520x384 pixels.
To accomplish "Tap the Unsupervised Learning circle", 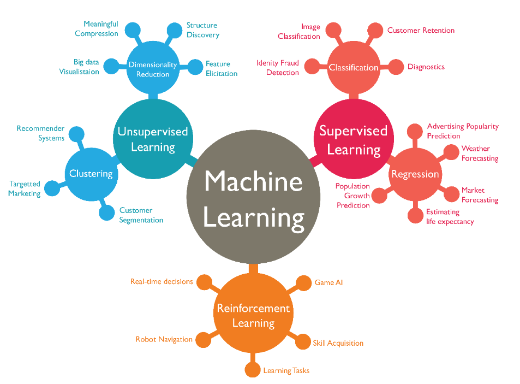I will coord(153,139).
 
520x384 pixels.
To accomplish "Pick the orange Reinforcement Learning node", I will coord(253,315).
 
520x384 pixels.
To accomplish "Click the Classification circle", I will coord(354,68).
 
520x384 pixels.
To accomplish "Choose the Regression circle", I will coord(415,174).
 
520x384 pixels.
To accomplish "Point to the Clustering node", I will coord(91,174).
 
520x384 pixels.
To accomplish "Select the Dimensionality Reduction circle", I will coord(153,69).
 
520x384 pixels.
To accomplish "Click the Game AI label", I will coord(328,282).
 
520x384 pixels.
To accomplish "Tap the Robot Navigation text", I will coord(164,339).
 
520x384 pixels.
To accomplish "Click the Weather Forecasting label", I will coord(480,153).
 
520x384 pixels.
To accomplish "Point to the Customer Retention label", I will coord(421,31).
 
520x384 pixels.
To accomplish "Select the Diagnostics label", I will coord(426,67).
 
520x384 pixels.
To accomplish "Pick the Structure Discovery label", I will coord(202,30).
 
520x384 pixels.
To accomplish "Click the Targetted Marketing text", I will coord(25,188).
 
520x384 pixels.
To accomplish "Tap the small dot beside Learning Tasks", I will coord(252,370).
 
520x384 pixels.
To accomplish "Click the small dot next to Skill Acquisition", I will coord(302,342).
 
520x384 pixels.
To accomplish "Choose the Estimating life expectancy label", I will coord(450,216).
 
